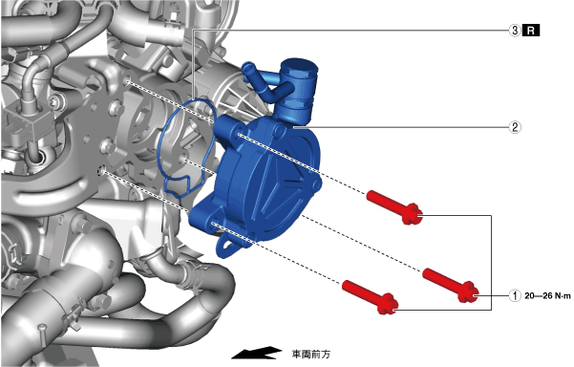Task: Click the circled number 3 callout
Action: tap(515, 31)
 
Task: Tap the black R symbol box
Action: tap(531, 31)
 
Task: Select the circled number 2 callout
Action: tap(515, 127)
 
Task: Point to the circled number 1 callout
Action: tap(515, 295)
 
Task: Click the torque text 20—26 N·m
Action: tap(547, 295)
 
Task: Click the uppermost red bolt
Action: tap(394, 207)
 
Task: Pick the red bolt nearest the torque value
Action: tap(451, 285)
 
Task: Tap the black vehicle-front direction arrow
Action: tap(256, 353)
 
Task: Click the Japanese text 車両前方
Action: tap(310, 355)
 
